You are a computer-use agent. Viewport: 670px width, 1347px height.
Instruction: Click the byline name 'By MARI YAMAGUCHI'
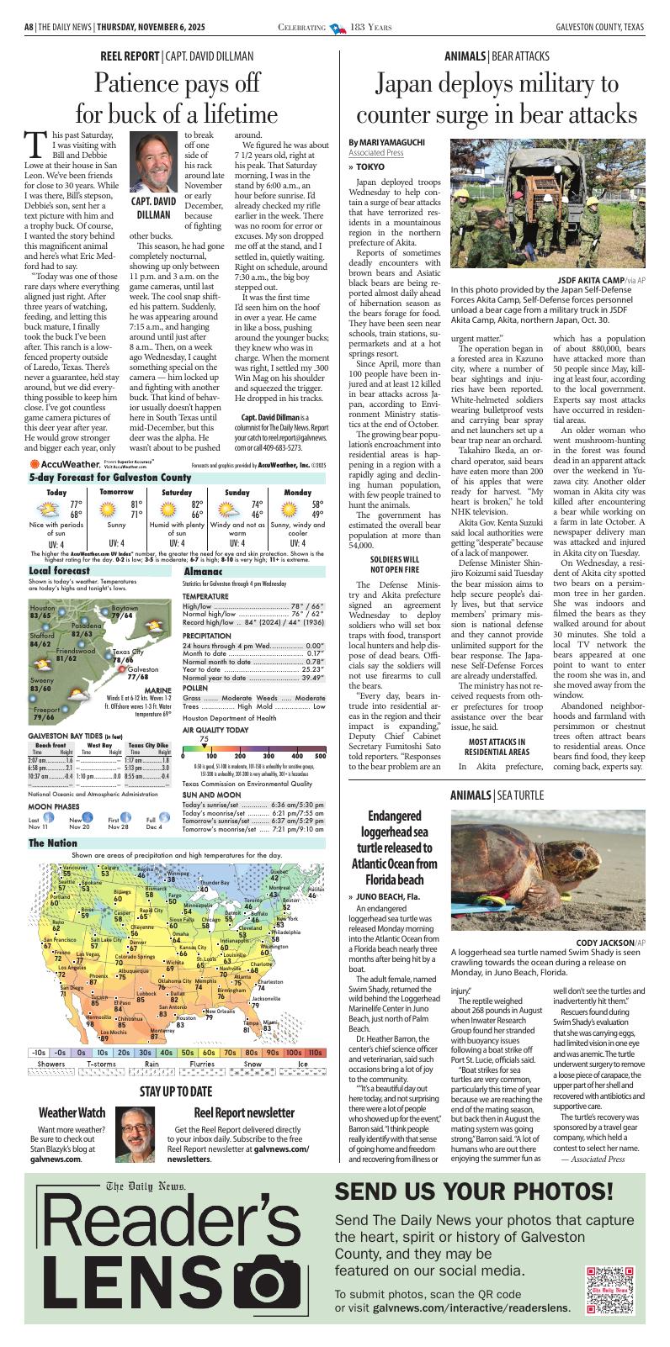click(388, 142)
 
